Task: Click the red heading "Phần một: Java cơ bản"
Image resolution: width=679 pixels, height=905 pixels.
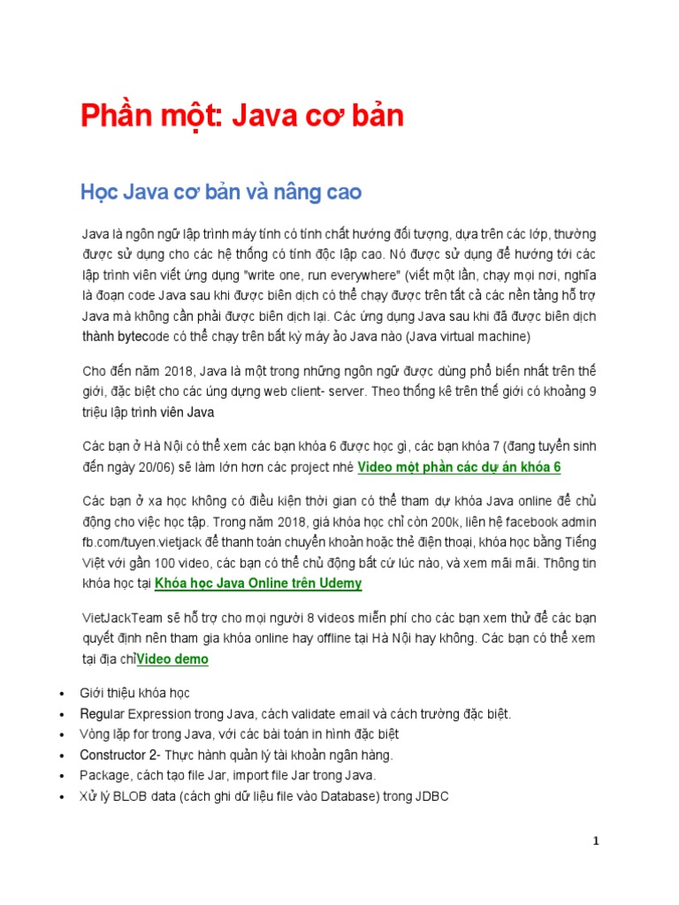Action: pyautogui.click(x=242, y=117)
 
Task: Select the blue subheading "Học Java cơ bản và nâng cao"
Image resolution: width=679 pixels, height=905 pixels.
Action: pyautogui.click(x=220, y=192)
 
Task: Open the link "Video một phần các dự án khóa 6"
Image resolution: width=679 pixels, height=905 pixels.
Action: pyautogui.click(x=460, y=468)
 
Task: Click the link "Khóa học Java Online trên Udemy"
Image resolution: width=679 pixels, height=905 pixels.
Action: pyautogui.click(x=258, y=583)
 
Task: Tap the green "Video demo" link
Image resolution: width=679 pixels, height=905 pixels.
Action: pyautogui.click(x=173, y=659)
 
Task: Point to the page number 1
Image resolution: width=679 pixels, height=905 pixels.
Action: pyautogui.click(x=596, y=840)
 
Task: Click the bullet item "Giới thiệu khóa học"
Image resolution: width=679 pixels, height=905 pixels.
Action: pyautogui.click(x=134, y=693)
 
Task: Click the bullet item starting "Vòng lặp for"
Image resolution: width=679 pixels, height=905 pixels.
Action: pyautogui.click(x=239, y=734)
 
